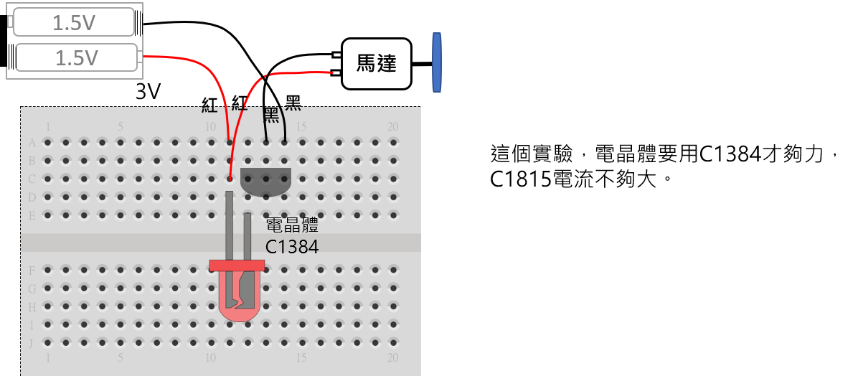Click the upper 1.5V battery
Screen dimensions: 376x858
click(74, 22)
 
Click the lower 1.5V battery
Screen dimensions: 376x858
click(76, 57)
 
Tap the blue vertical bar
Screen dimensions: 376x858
click(436, 62)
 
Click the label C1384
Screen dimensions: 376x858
click(292, 247)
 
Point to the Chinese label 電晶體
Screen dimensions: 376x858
click(292, 225)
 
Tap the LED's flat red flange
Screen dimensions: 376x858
click(237, 265)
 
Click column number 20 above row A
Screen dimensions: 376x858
click(392, 127)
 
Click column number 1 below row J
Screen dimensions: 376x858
click(48, 357)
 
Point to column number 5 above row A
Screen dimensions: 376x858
click(121, 127)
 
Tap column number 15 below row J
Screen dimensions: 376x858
click(301, 357)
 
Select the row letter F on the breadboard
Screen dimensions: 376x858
click(32, 271)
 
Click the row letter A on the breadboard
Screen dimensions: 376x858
click(32, 142)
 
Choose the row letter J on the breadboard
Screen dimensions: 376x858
click(32, 342)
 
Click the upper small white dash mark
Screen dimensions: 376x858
click(336, 55)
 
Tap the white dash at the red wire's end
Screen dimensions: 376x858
click(336, 72)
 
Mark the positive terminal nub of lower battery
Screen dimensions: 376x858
click(140, 57)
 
